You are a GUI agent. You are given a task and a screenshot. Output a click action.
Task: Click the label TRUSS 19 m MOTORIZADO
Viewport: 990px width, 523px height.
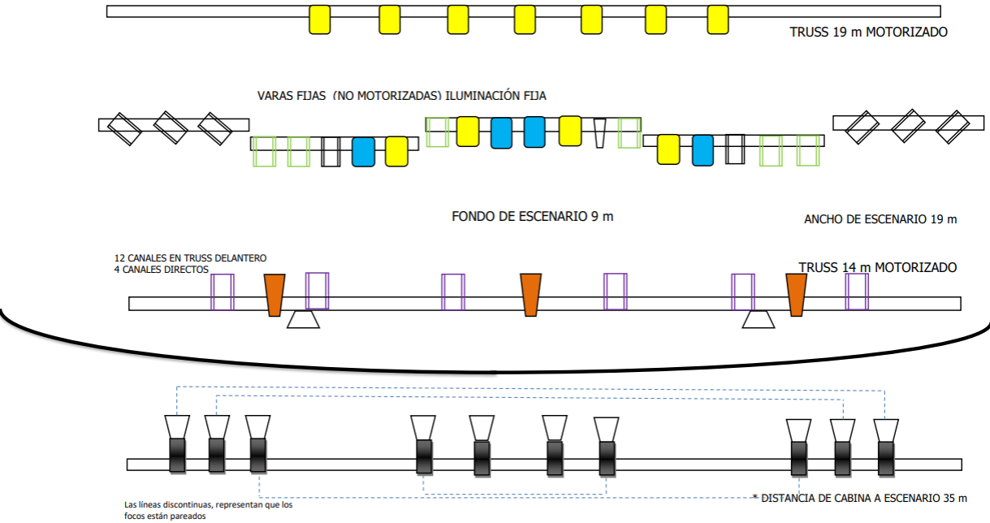click(x=868, y=33)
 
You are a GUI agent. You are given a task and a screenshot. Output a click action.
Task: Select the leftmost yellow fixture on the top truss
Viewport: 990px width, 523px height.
click(x=320, y=19)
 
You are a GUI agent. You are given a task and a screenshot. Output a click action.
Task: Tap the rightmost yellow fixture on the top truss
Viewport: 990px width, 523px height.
click(x=718, y=19)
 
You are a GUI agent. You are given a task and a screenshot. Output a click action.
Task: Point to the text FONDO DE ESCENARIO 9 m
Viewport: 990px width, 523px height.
click(x=533, y=217)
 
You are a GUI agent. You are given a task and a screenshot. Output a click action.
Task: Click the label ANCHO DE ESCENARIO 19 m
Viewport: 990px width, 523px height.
click(x=880, y=219)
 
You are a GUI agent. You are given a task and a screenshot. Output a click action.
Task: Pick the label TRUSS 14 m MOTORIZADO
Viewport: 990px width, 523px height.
click(x=877, y=267)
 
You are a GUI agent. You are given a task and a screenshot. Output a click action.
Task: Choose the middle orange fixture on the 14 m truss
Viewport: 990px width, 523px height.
click(x=531, y=295)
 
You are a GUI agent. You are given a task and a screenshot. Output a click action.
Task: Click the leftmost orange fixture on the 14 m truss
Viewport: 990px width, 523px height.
click(x=275, y=295)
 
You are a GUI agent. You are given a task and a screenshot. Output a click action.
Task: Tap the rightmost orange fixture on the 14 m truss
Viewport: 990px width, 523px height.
click(x=796, y=295)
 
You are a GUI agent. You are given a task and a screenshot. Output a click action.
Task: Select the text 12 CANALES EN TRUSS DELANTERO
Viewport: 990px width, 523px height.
click(x=190, y=258)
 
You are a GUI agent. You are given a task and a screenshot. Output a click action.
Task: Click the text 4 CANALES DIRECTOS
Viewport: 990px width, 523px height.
click(x=162, y=270)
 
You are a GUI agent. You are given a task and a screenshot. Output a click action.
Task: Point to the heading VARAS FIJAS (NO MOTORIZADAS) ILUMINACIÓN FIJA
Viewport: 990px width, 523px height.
click(x=402, y=96)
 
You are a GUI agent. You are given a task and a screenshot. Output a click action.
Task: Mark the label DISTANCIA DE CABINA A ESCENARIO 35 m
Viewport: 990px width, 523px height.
click(x=860, y=498)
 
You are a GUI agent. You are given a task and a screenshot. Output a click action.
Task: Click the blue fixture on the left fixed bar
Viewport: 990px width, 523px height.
click(x=363, y=152)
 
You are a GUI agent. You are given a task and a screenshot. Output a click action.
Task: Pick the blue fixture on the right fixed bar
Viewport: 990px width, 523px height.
click(x=703, y=150)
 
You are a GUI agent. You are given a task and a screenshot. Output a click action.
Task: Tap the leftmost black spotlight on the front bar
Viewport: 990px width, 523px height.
click(x=177, y=456)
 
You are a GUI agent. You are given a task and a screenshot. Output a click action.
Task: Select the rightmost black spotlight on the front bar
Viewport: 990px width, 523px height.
click(x=885, y=458)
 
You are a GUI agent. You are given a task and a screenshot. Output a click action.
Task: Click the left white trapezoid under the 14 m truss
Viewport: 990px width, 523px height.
click(x=303, y=320)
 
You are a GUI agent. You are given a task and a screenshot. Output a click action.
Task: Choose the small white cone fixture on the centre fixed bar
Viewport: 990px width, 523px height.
click(x=600, y=133)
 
